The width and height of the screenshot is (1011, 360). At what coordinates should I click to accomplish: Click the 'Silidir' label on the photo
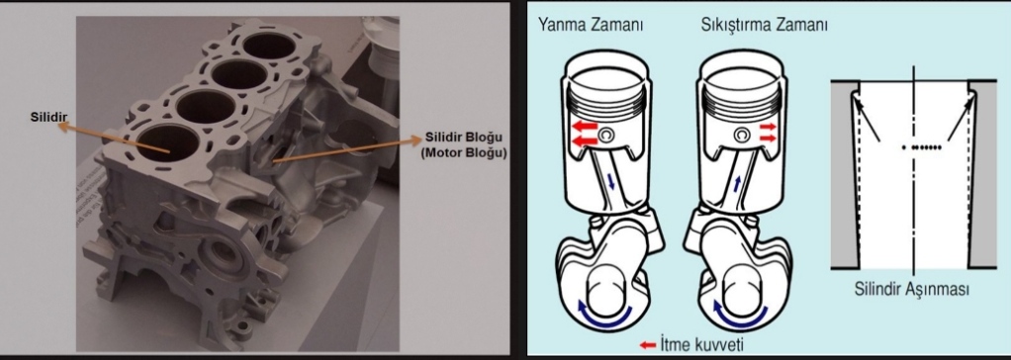click(48, 117)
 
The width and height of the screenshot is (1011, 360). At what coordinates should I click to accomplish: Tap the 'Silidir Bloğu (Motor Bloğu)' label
click(464, 145)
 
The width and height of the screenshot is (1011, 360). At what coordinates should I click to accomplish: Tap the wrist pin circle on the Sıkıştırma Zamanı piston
click(742, 135)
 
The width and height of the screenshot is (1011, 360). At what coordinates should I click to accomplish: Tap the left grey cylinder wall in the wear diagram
click(841, 178)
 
